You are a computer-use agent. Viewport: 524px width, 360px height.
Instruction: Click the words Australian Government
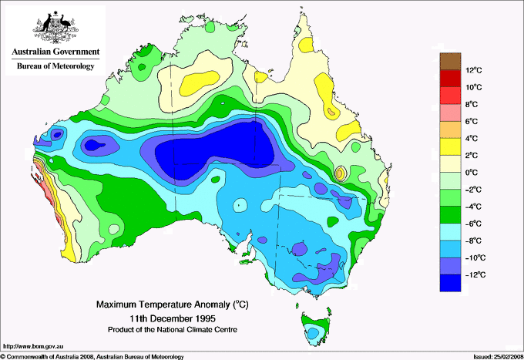(x=55, y=52)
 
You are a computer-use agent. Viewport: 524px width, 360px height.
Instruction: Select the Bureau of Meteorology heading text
(x=55, y=66)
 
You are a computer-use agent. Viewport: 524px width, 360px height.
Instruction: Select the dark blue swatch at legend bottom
(x=450, y=284)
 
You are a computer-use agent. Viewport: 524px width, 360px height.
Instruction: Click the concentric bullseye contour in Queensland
(x=340, y=173)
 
